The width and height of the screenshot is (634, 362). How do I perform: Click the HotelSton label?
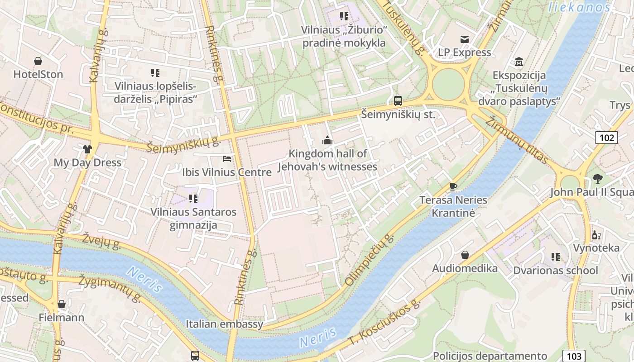(38, 74)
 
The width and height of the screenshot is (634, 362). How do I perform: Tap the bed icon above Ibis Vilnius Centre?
(227, 159)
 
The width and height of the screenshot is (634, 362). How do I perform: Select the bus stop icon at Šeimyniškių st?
(398, 101)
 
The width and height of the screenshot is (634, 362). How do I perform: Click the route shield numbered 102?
(606, 138)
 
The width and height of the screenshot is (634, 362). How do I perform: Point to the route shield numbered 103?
(574, 356)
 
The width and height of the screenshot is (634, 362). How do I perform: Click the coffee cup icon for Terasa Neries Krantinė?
(453, 186)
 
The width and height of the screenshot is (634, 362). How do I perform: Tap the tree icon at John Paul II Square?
(597, 179)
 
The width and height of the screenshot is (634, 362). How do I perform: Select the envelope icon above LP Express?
(465, 39)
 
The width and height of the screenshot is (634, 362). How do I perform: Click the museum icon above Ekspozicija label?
(519, 62)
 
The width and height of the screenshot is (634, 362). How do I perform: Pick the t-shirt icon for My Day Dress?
(87, 149)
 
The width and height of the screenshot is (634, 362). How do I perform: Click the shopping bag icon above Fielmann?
(62, 304)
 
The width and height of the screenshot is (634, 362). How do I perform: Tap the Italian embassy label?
(224, 324)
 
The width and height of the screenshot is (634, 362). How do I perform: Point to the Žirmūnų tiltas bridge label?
(517, 140)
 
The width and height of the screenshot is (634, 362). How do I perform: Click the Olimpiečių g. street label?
(370, 260)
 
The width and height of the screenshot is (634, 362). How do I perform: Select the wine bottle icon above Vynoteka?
(596, 235)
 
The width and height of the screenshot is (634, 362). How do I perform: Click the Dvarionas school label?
(555, 271)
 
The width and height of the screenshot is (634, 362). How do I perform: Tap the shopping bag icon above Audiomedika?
(465, 255)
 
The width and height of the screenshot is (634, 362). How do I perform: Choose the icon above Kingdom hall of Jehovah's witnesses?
(327, 141)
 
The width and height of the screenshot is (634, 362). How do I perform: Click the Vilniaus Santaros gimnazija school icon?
(193, 198)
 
